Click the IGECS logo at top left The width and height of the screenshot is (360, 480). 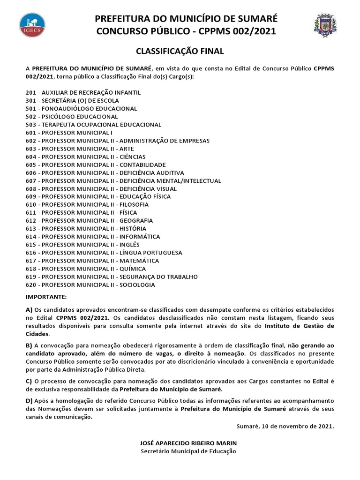(x=32, y=26)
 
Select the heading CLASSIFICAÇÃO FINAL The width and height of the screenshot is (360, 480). (x=180, y=51)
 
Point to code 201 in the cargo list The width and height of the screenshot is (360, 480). (x=31, y=93)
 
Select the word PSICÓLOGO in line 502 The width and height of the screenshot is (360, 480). (x=60, y=117)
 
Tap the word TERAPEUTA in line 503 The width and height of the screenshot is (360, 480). (x=60, y=125)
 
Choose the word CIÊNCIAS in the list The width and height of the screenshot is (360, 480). (x=132, y=157)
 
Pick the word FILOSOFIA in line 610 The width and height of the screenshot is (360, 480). (x=134, y=205)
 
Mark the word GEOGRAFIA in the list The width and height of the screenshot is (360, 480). (x=136, y=221)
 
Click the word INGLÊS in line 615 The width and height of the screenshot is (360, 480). (x=129, y=245)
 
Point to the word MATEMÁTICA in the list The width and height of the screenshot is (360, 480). (x=139, y=261)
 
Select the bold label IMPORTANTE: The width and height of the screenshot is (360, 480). (x=46, y=297)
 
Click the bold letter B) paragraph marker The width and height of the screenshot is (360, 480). (x=29, y=345)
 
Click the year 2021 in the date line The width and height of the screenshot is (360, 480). (x=325, y=426)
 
